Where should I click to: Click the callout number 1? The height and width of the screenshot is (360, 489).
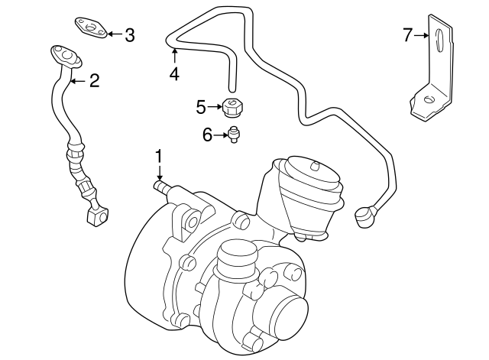tap(159, 157)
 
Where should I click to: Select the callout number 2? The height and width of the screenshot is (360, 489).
tap(94, 81)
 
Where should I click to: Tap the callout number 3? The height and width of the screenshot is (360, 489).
tap(129, 34)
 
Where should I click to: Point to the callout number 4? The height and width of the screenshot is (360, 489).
tap(174, 74)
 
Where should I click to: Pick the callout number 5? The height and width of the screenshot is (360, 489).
tap(201, 107)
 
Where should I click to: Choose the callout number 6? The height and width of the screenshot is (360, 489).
tap(207, 135)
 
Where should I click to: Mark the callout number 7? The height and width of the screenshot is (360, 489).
tap(407, 34)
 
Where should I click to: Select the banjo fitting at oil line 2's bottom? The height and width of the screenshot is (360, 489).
tap(96, 217)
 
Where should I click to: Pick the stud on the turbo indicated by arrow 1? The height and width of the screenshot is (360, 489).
tap(161, 185)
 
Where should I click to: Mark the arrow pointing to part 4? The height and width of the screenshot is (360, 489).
tap(174, 56)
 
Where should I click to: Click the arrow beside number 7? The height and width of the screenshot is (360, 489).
tap(422, 34)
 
